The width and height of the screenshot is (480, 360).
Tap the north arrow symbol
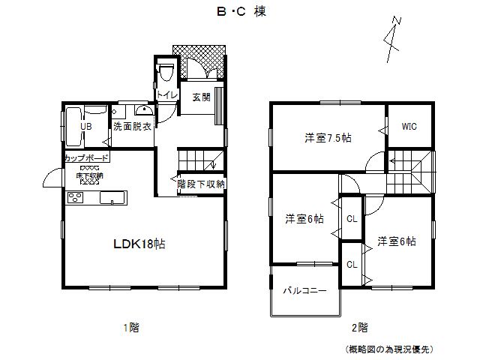pos(392,37)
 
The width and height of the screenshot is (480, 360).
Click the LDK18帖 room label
pos(139,244)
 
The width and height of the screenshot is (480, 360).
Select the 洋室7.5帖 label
pos(328,138)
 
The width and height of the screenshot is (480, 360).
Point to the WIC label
pos(409,127)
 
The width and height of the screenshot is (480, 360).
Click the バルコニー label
pos(304,289)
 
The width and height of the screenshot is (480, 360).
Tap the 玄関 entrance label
pos(200,97)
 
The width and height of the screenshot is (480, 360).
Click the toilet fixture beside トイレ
pos(166,72)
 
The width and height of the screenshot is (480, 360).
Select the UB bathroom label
pos(86,127)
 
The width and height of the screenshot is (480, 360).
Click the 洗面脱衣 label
pos(133,127)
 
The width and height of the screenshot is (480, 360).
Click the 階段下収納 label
pos(201,183)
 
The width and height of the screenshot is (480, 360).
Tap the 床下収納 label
pos(89,175)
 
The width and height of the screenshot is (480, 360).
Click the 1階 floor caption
pos(130,328)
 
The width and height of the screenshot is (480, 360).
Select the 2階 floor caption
pos(359,328)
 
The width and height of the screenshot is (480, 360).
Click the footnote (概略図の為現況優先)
pos(389,349)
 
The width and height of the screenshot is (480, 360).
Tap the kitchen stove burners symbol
pos(76,198)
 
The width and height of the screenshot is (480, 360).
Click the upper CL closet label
pos(351,219)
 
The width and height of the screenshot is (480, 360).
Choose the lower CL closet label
pos(351,264)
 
